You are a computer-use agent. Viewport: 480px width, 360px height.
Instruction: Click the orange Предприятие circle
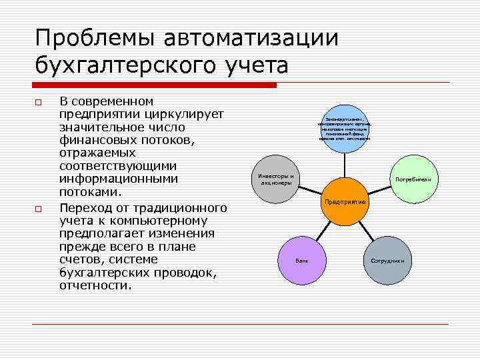pyautogui.click(x=345, y=201)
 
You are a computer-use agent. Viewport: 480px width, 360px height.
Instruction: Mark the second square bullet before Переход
pyautogui.click(x=39, y=209)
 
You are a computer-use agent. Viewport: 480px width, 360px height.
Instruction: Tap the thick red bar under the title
pyautogui.click(x=154, y=85)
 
